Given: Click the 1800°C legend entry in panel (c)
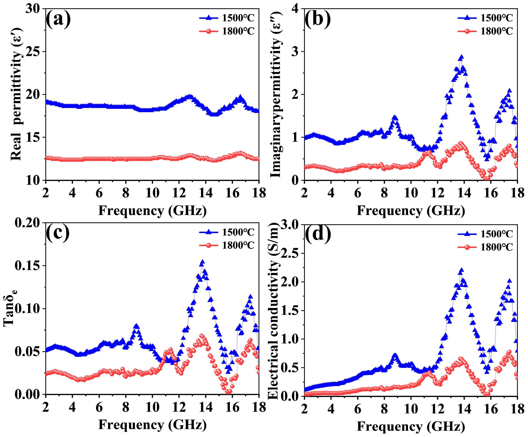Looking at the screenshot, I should [x=227, y=245].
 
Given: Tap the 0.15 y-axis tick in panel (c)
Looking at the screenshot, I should [x=27, y=266].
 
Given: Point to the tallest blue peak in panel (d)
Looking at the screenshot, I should [x=461, y=270].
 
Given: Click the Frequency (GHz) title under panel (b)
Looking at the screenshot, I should [x=411, y=211].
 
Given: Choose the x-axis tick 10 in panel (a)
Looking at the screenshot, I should [x=152, y=193].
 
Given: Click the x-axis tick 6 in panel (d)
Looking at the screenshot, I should [x=358, y=409].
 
